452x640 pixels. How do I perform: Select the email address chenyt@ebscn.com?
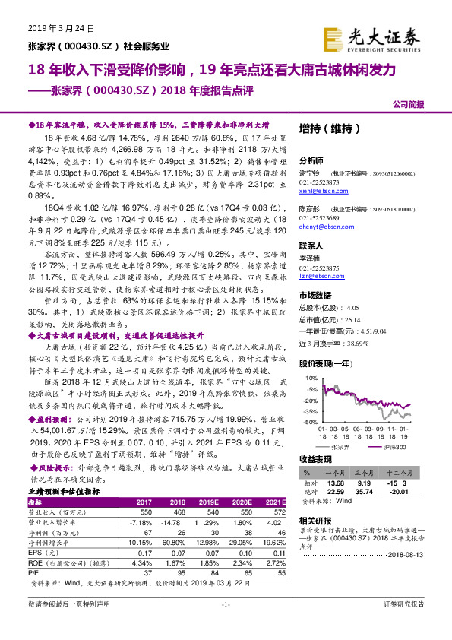click(x=319, y=228)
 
